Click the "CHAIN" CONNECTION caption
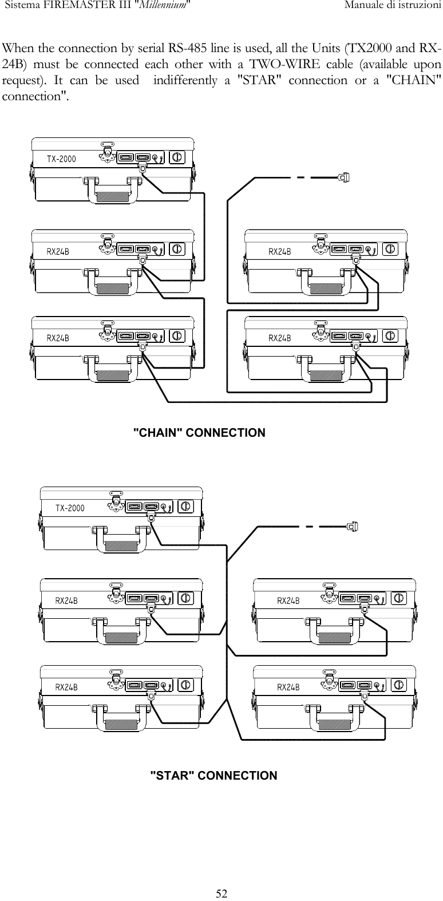[199, 433]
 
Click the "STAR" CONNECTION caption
[213, 776]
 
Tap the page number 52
[221, 894]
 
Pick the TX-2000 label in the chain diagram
[61, 159]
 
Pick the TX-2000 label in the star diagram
[70, 508]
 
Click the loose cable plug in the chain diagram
[343, 177]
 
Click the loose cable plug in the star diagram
[353, 526]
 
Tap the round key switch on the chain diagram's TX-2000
[177, 157]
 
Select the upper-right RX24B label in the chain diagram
[280, 251]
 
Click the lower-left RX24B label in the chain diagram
[58, 338]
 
